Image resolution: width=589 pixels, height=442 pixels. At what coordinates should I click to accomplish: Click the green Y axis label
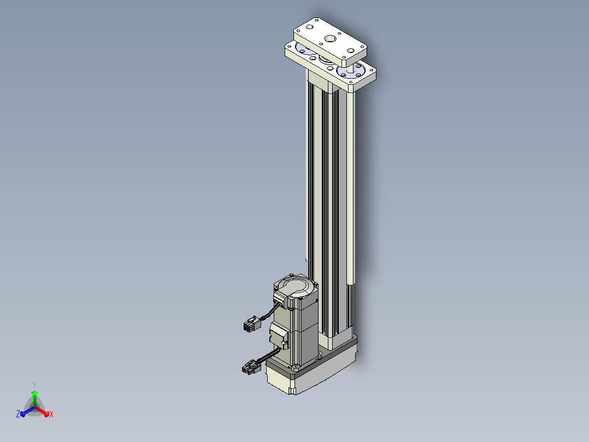point(34,385)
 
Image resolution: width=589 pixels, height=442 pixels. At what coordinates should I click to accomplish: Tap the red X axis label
point(51,414)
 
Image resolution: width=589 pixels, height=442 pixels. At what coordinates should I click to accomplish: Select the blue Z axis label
point(18,414)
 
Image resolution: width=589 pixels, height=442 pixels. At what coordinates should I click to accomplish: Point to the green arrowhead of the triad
point(34,393)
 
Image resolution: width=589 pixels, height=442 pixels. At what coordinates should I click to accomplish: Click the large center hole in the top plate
point(331,38)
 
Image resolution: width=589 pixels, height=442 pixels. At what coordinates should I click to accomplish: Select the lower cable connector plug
point(251,367)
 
